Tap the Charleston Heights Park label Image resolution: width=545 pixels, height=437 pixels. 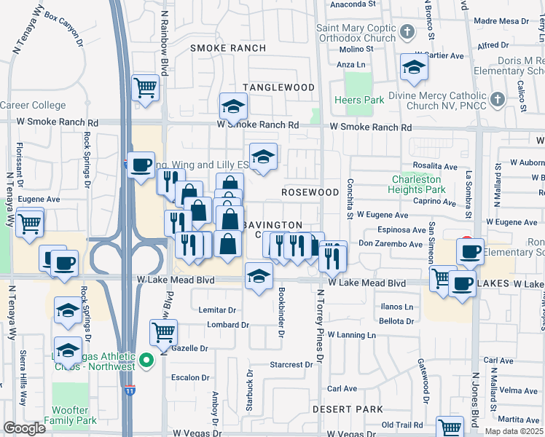pyautogui.click(x=417, y=184)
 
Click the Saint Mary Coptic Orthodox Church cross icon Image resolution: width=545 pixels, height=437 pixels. pyautogui.click(x=407, y=32)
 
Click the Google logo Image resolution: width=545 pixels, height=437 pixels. pyautogui.click(x=24, y=428)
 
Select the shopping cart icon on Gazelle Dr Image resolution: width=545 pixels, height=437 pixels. pyautogui.click(x=163, y=332)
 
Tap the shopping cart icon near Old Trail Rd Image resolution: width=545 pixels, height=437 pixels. pyautogui.click(x=450, y=428)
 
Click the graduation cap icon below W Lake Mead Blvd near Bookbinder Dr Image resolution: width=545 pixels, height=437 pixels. pyautogui.click(x=258, y=277)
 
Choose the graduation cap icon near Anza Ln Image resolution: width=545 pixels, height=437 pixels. pyautogui.click(x=414, y=68)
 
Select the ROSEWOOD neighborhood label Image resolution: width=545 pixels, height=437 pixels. pyautogui.click(x=311, y=192)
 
